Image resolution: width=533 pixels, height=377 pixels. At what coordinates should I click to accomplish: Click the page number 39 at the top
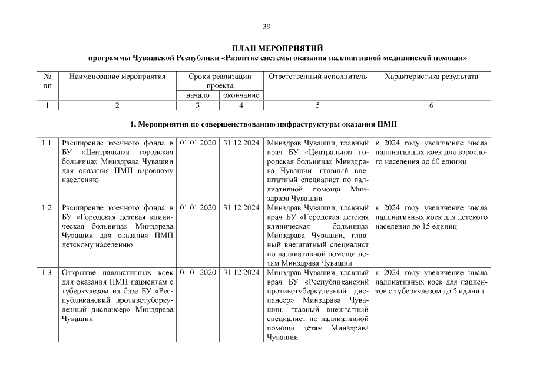(266, 26)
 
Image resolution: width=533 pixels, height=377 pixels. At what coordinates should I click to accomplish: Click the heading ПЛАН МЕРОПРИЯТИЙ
(277, 48)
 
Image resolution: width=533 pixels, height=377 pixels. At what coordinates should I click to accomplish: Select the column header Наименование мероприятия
(117, 77)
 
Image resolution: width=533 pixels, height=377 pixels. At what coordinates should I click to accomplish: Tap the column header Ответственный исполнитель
(317, 77)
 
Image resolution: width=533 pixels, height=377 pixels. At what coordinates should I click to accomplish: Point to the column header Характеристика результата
(431, 77)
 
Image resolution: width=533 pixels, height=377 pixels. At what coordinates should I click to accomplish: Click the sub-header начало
(197, 95)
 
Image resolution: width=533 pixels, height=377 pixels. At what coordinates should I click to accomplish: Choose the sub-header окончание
(241, 95)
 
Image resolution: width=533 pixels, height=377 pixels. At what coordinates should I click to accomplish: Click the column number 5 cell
(317, 105)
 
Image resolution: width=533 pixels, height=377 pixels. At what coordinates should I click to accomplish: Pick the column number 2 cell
(117, 105)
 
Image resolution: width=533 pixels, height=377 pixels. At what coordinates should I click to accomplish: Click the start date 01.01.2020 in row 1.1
(197, 143)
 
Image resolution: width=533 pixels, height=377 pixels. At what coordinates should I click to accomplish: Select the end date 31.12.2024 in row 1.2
(241, 207)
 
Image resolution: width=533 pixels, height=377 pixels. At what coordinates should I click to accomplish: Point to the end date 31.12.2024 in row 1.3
(241, 272)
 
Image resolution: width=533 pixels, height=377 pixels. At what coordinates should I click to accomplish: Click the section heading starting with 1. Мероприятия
(266, 124)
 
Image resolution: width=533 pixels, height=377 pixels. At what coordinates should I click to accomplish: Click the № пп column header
(48, 81)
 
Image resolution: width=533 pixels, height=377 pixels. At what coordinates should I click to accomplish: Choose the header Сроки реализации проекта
(220, 81)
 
